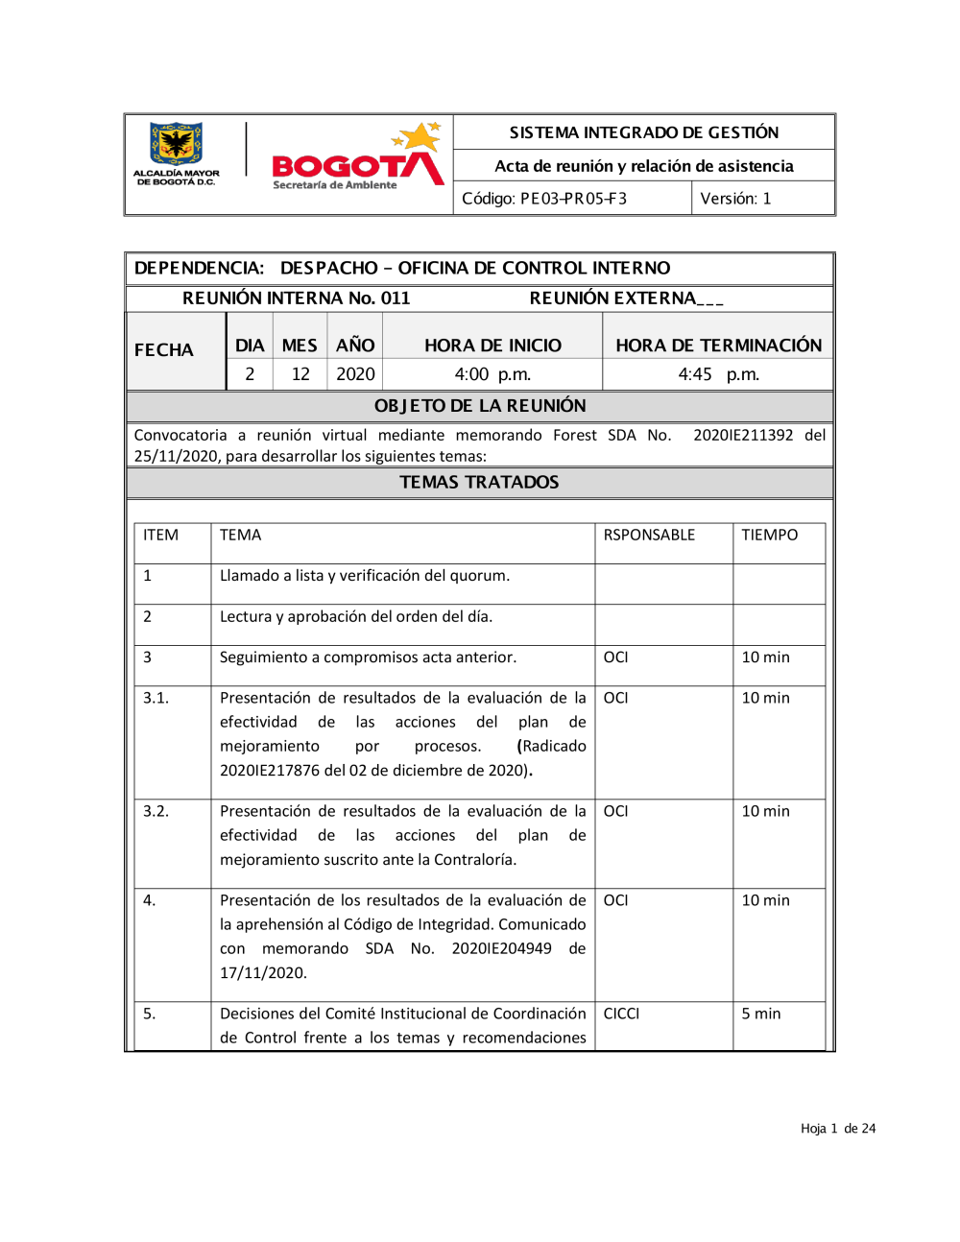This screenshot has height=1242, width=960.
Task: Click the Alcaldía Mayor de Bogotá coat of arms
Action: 176,145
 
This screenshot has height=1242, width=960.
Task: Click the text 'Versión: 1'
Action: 735,199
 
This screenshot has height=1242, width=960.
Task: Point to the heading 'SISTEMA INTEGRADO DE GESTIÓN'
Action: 643,132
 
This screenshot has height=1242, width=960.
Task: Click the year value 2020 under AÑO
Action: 355,374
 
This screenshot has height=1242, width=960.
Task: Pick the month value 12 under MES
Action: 300,374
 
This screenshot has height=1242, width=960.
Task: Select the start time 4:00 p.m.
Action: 492,374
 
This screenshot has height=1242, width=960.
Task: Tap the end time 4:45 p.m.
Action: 718,374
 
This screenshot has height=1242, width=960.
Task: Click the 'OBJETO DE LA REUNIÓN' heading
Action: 480,406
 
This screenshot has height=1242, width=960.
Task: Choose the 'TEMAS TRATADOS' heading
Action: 479,483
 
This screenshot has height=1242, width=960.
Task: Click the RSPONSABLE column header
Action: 649,536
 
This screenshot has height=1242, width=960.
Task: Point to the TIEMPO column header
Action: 769,536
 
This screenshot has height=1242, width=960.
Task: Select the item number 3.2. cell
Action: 156,811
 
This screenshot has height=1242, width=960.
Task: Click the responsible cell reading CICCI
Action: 621,1014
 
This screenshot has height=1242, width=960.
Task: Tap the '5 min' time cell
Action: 761,1014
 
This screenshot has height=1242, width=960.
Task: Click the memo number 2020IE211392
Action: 743,436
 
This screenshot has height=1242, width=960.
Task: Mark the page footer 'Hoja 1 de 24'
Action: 838,1129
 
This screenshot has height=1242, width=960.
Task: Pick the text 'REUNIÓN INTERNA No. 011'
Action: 297,299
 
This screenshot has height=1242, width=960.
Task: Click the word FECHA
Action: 164,350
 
